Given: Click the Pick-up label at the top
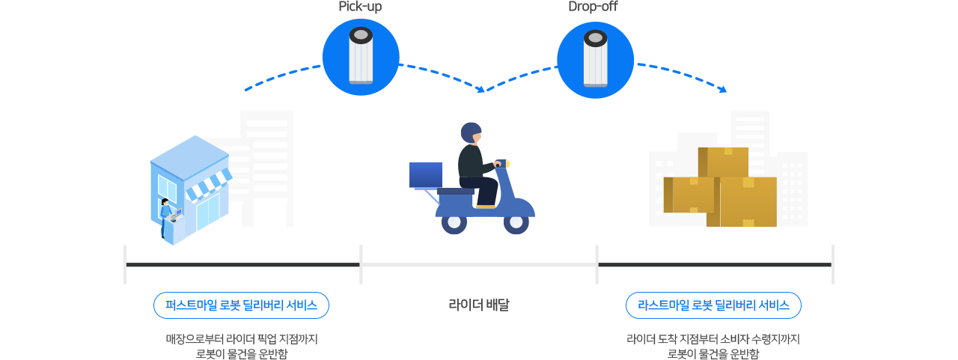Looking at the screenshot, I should (x=360, y=7).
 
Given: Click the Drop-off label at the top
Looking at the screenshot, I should (x=593, y=7).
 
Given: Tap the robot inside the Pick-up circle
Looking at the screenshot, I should (x=361, y=56).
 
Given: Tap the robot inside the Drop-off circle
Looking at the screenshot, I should (x=595, y=58).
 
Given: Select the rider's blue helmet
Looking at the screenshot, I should (x=470, y=133).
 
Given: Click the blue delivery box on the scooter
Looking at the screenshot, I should (x=425, y=174).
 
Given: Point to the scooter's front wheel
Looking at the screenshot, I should (x=516, y=222).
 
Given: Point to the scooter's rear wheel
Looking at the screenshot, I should (x=454, y=222).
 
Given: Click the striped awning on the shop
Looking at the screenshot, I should (x=207, y=185).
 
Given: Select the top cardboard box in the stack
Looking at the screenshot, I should (x=723, y=162).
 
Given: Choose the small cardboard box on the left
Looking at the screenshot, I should (x=689, y=195).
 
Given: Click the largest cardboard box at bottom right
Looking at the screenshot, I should (x=748, y=202).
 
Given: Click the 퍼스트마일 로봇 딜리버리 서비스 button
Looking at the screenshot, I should (x=241, y=305).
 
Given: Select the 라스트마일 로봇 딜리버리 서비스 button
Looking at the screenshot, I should (x=713, y=305).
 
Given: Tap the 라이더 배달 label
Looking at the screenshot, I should (x=479, y=305).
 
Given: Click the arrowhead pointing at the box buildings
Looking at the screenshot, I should (x=722, y=90).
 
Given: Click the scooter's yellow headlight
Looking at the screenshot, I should (x=507, y=162).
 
